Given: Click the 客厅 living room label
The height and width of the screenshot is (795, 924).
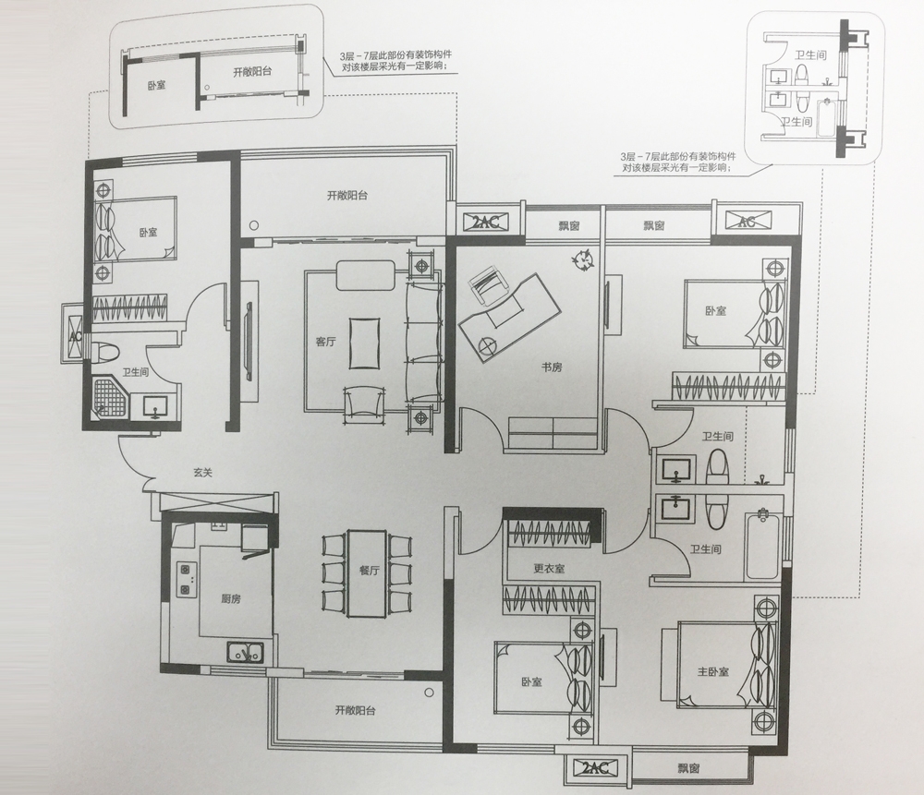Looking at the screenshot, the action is point(325,342).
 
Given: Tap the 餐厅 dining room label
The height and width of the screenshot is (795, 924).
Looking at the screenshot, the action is point(369,570).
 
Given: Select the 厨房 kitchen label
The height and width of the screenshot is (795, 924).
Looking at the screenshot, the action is point(231,599).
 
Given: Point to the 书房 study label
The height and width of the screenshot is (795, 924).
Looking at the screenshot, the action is point(552,367).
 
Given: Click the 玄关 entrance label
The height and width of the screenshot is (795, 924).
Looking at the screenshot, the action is point(202,472).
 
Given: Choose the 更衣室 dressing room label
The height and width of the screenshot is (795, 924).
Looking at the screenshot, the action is point(549,568).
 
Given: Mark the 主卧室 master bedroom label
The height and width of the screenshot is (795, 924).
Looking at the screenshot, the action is point(713,671).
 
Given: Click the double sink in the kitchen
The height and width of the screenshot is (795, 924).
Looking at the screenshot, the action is point(245,652).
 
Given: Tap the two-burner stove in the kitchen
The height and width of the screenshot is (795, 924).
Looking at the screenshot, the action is point(187,579).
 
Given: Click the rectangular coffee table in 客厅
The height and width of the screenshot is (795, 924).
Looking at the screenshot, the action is point(365,343).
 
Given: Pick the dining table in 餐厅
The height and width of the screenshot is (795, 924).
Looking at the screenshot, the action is point(367,573).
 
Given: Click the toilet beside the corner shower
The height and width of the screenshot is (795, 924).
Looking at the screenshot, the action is point(106,352).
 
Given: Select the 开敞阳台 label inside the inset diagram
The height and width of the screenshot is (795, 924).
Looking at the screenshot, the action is point(252,72).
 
